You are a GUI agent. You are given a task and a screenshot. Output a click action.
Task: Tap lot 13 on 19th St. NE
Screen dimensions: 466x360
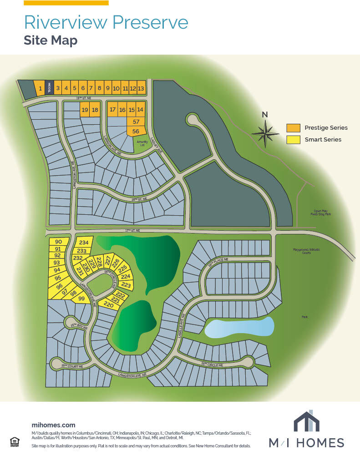pyautogui.click(x=141, y=88)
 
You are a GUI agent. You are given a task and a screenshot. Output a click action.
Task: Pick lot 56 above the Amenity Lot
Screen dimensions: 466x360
pyautogui.click(x=136, y=131)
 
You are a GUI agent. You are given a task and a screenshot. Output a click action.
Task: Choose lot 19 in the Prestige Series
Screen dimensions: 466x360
pyautogui.click(x=85, y=110)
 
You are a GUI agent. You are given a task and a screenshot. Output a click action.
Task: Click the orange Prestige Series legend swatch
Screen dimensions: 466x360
pyautogui.click(x=293, y=128)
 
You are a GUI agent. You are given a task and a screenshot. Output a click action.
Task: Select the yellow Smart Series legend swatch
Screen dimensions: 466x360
pyautogui.click(x=293, y=140)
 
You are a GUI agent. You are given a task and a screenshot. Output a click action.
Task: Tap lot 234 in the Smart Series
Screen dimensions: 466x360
pyautogui.click(x=84, y=243)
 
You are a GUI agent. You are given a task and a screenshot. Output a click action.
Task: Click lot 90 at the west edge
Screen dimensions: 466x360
pyautogui.click(x=58, y=242)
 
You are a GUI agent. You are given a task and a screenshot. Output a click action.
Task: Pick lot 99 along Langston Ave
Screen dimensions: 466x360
pyautogui.click(x=81, y=299)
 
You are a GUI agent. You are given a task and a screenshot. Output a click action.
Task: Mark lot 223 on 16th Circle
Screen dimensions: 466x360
pyautogui.click(x=126, y=285)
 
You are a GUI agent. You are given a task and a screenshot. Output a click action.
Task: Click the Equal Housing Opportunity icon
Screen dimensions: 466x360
pyautogui.click(x=14, y=441)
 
